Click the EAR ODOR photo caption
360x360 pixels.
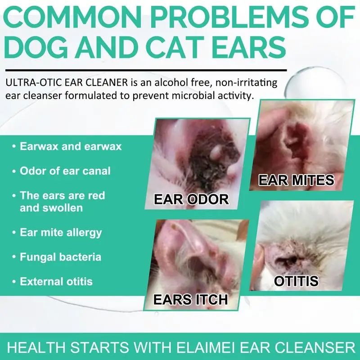pyautogui.click(x=191, y=199)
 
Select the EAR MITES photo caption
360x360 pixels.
pyautogui.click(x=296, y=180)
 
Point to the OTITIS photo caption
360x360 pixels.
pyautogui.click(x=296, y=281)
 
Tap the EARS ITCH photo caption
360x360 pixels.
pyautogui.click(x=190, y=300)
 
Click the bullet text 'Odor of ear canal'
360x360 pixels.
pyautogui.click(x=65, y=171)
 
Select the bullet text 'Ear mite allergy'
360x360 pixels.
pyautogui.click(x=61, y=233)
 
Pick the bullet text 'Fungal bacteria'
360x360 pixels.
pyautogui.click(x=60, y=257)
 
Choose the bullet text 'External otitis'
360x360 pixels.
pyautogui.click(x=56, y=282)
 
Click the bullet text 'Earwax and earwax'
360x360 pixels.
pyautogui.click(x=71, y=147)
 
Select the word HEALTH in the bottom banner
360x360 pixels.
pyautogui.click(x=36, y=347)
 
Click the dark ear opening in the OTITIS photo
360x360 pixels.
pyautogui.click(x=288, y=260)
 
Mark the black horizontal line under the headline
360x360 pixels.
pyautogui.click(x=146, y=70)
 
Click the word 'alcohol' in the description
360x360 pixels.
pyautogui.click(x=171, y=82)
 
